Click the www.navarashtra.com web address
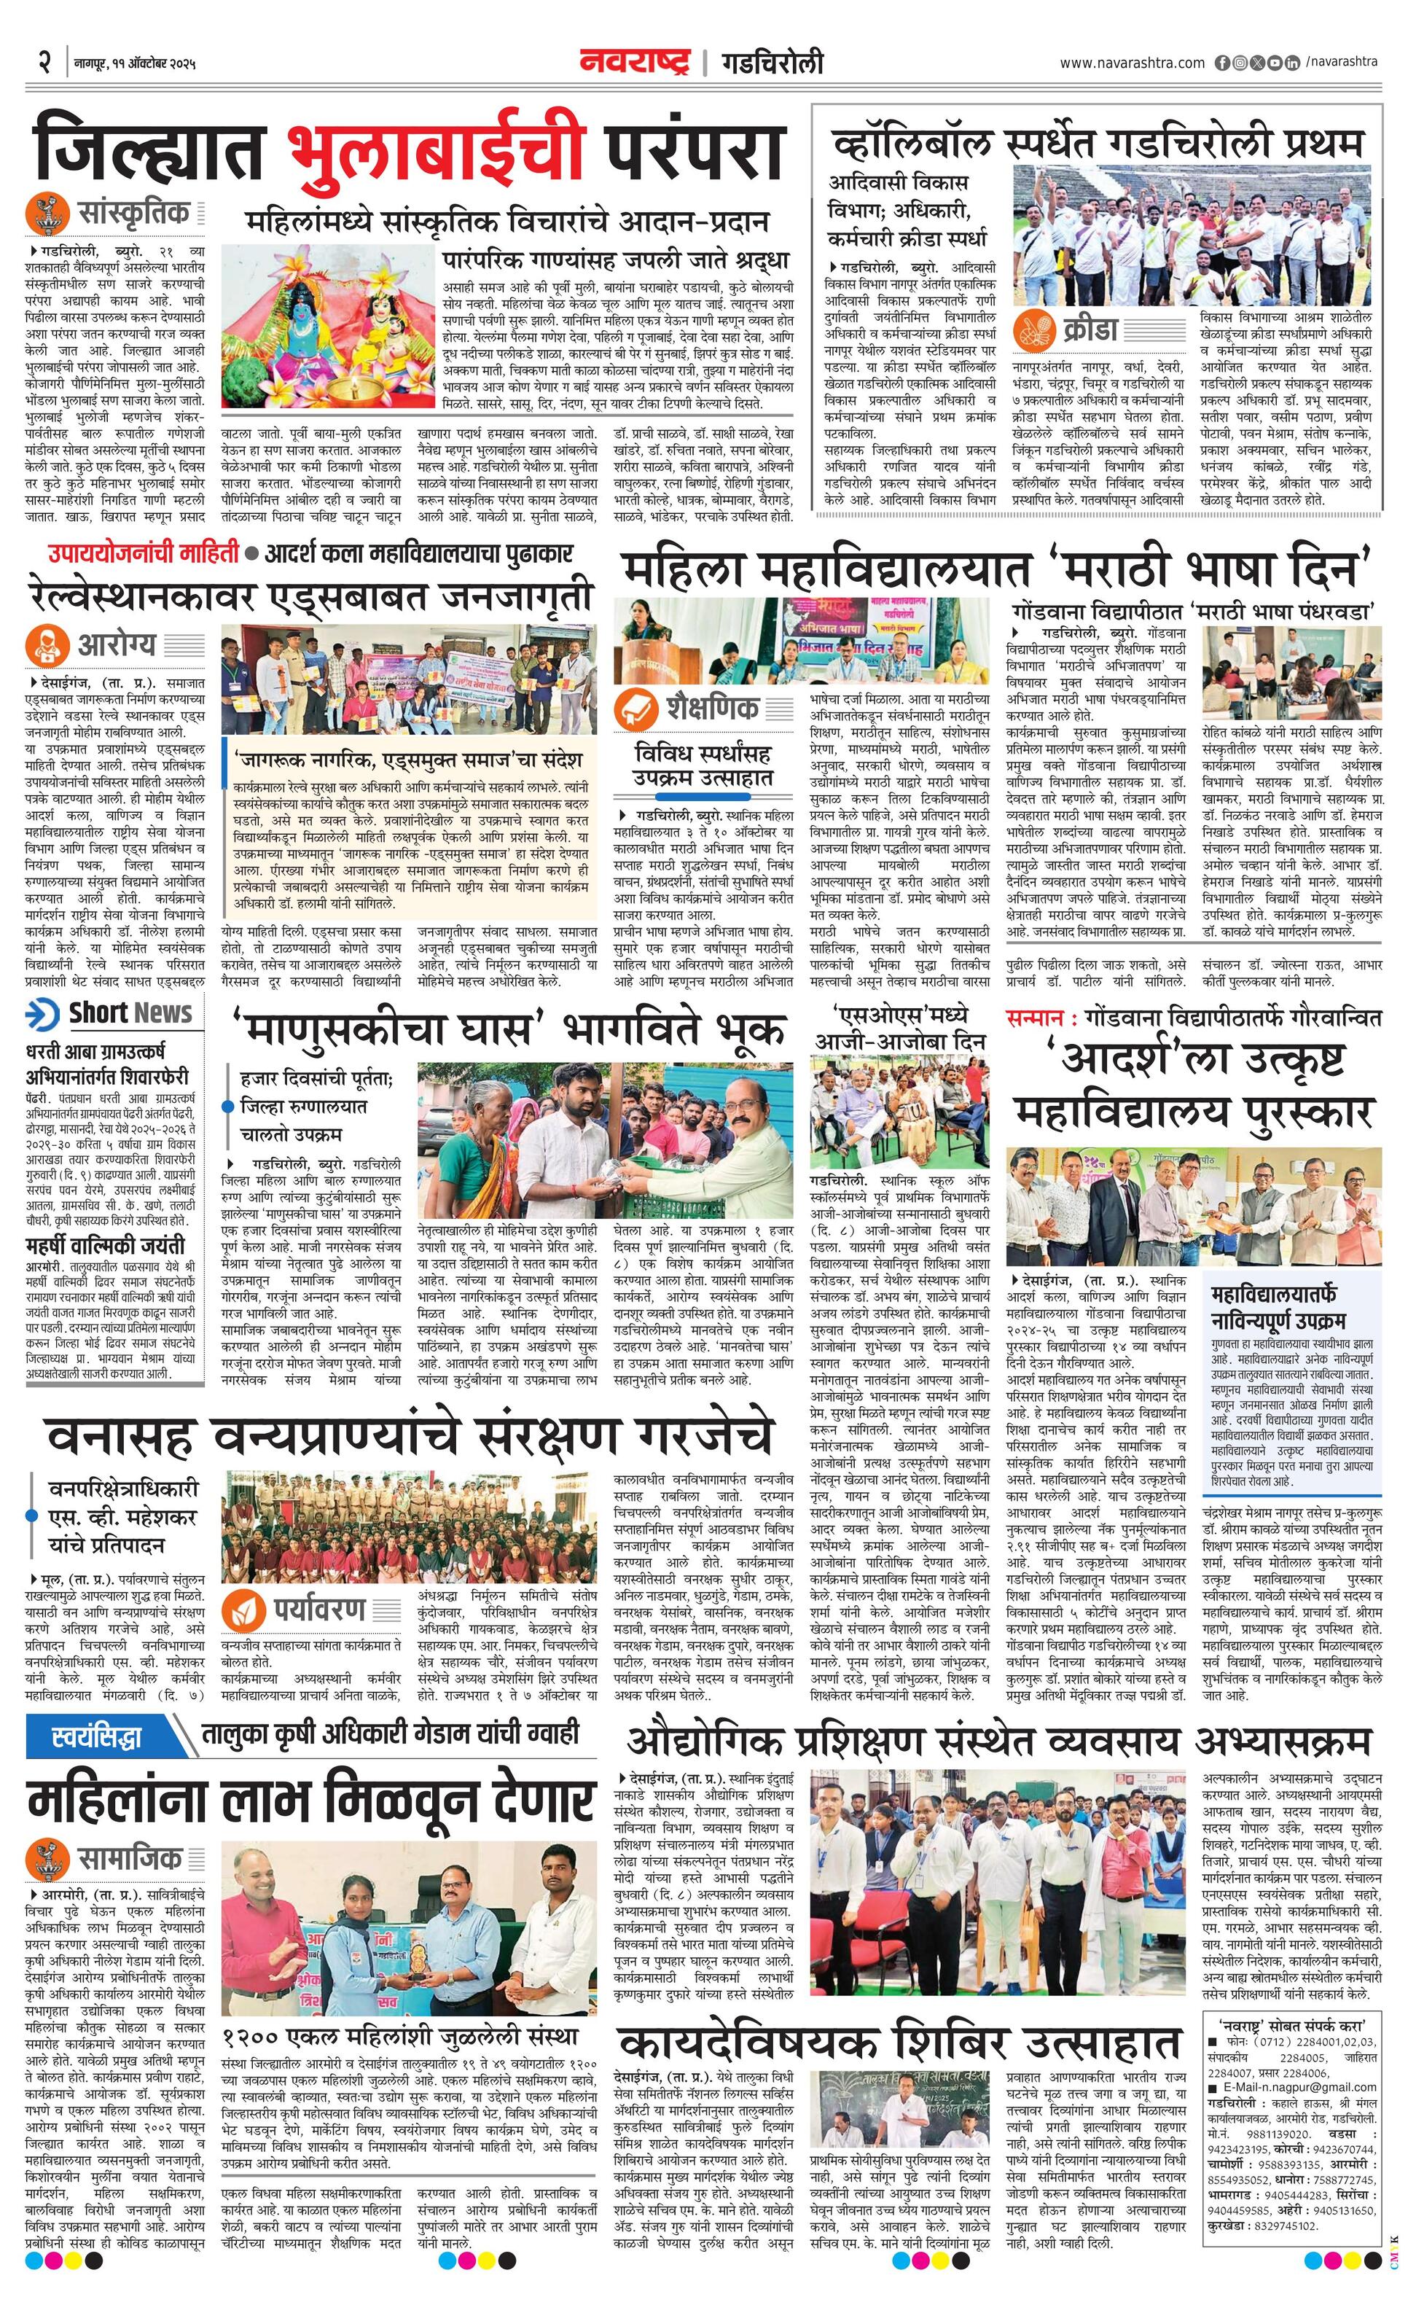coord(1132,63)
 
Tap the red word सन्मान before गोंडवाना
coord(1033,1017)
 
